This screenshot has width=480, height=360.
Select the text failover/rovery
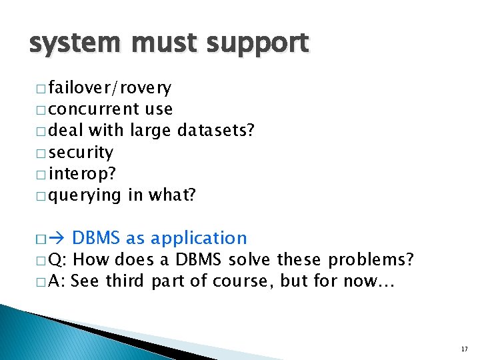click(109, 87)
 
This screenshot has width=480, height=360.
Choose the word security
click(81, 152)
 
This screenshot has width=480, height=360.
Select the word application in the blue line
click(199, 238)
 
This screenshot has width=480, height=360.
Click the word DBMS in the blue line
click(95, 238)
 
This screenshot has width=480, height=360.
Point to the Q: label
click(58, 259)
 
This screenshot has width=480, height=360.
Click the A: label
click(57, 281)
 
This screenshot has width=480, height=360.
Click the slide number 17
click(464, 349)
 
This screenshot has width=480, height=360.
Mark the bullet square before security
click(39, 153)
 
